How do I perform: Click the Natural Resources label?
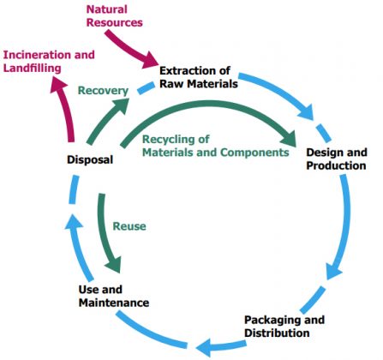point(115,16)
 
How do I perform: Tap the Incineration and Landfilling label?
point(49,62)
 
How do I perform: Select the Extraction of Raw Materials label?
point(199,77)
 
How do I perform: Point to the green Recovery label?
point(103,91)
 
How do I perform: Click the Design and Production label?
point(337,159)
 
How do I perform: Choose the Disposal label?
point(90,159)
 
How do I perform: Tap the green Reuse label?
point(129,226)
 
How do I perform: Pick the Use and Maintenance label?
point(114,296)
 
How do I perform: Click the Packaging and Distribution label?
point(284,327)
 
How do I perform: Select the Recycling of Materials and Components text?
point(216,146)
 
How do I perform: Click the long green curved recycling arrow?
point(208,104)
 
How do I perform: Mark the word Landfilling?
point(32,69)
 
